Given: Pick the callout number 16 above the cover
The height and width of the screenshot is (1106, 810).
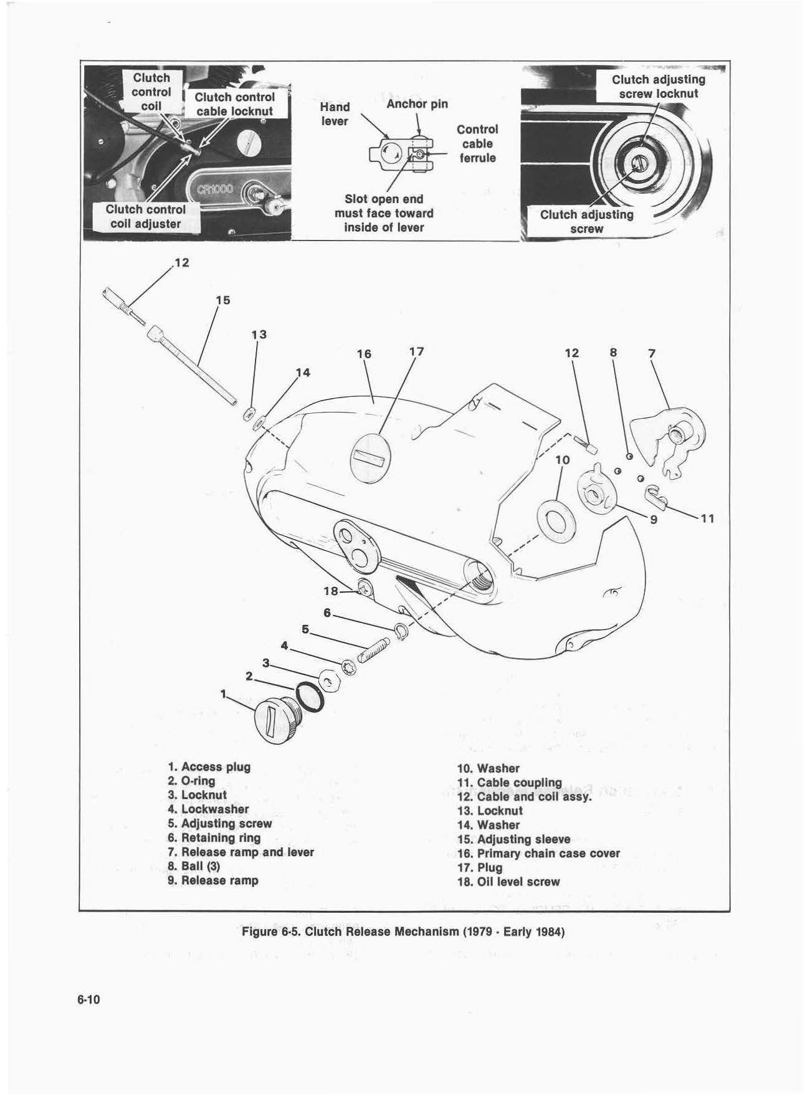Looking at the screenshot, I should pyautogui.click(x=364, y=354).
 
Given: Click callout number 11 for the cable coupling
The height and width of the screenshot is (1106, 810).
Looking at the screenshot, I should pyautogui.click(x=707, y=518).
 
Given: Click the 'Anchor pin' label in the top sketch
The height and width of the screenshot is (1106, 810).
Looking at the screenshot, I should pyautogui.click(x=417, y=103).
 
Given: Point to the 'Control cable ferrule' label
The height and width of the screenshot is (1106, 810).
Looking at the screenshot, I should pyautogui.click(x=477, y=143).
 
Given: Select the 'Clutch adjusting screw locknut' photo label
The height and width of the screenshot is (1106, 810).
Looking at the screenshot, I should pyautogui.click(x=658, y=87).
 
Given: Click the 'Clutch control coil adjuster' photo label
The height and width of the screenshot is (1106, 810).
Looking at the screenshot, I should pyautogui.click(x=145, y=216).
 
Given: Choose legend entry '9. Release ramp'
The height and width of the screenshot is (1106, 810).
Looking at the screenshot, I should pyautogui.click(x=213, y=880).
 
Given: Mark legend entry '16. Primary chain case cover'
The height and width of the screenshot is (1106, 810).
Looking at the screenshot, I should pyautogui.click(x=538, y=853).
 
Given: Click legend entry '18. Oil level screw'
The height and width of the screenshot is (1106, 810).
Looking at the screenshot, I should pyautogui.click(x=508, y=882).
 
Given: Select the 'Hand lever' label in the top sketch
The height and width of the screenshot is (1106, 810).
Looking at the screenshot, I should pyautogui.click(x=335, y=113).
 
